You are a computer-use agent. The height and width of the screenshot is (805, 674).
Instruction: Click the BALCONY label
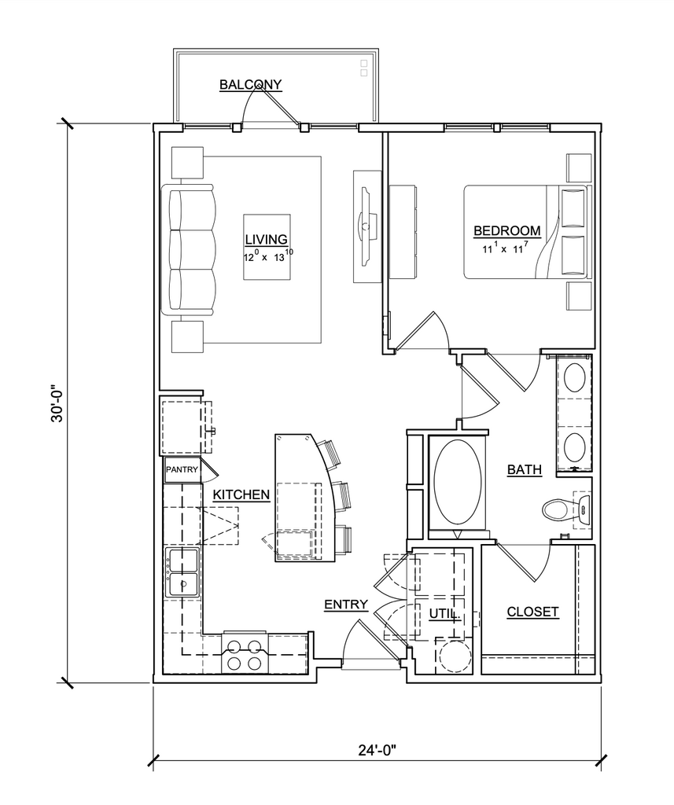251,84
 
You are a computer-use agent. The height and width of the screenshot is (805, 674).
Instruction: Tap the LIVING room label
266,239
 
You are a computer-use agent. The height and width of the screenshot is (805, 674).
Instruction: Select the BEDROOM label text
507,231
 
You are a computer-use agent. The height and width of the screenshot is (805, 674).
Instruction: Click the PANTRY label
182,469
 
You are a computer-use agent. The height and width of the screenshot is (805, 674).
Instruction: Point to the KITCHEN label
241,494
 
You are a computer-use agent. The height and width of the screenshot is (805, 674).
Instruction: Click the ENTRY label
346,605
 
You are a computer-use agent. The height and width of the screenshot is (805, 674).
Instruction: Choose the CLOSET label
532,612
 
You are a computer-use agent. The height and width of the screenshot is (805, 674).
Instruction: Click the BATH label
525,469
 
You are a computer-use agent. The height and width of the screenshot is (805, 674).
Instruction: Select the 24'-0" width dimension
378,751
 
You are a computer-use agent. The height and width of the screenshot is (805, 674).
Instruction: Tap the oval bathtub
459,483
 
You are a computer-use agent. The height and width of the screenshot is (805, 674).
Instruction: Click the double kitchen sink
182,572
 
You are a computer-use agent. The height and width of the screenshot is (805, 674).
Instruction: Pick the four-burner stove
244,653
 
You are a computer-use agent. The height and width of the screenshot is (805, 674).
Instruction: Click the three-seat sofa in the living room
188,249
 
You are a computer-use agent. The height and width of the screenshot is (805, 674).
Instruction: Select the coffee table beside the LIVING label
267,247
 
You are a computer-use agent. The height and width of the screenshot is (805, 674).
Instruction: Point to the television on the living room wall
367,226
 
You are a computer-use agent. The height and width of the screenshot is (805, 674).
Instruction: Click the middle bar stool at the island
343,497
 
